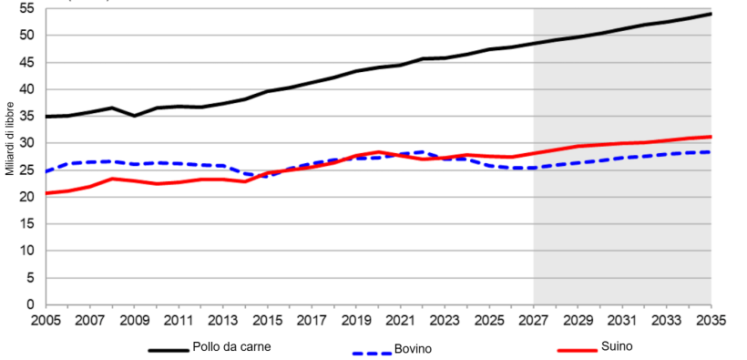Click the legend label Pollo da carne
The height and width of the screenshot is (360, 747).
(x=230, y=347)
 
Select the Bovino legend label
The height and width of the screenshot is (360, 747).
(x=413, y=350)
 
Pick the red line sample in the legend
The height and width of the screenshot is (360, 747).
(x=576, y=349)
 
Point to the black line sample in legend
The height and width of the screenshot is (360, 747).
(x=168, y=349)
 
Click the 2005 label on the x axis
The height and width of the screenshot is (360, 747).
(x=45, y=321)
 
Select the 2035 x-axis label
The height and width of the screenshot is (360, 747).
(x=711, y=321)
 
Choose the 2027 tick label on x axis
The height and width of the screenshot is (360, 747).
(x=533, y=321)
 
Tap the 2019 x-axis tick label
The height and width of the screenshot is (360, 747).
(x=355, y=321)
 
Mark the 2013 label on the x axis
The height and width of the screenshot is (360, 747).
(x=222, y=321)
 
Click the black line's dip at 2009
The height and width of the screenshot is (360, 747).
(x=134, y=116)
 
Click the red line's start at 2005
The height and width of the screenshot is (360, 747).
(x=46, y=193)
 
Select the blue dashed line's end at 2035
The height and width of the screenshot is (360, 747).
(x=711, y=152)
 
